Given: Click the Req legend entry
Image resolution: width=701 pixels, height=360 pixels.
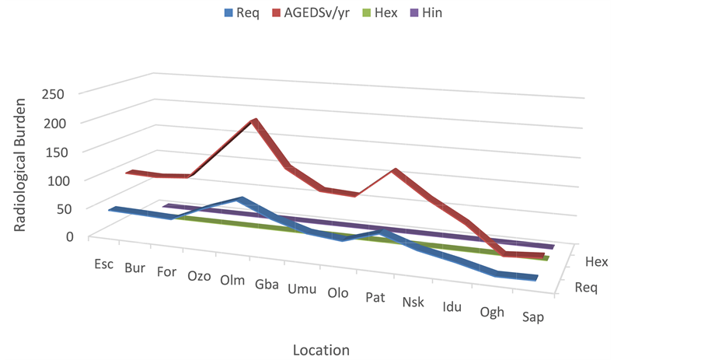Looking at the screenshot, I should coord(247,12).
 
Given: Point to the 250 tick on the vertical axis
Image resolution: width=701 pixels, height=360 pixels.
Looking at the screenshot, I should coord(64,93).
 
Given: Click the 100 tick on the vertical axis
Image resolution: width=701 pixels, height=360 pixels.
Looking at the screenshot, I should coord(64,180).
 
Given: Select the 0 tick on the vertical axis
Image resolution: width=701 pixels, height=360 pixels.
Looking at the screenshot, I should coord(68,236).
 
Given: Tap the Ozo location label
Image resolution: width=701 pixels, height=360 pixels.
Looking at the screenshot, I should coord(199,275).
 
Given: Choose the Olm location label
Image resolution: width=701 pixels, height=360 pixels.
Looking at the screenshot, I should coord(232,280).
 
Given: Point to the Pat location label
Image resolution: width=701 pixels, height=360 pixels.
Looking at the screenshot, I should coord(375,297).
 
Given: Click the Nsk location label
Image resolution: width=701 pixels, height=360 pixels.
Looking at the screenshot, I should coord(413,302).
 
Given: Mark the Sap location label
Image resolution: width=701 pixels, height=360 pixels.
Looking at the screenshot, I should coord(532,316).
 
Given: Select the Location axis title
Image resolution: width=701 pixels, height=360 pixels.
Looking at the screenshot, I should coord(321,349).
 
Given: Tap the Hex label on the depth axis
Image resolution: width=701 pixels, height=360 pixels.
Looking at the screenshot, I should coord(596,262).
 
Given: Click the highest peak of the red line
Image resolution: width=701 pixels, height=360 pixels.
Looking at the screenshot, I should coord(254,121).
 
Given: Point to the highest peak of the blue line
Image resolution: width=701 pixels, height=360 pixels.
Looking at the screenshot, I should coord(242,199).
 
